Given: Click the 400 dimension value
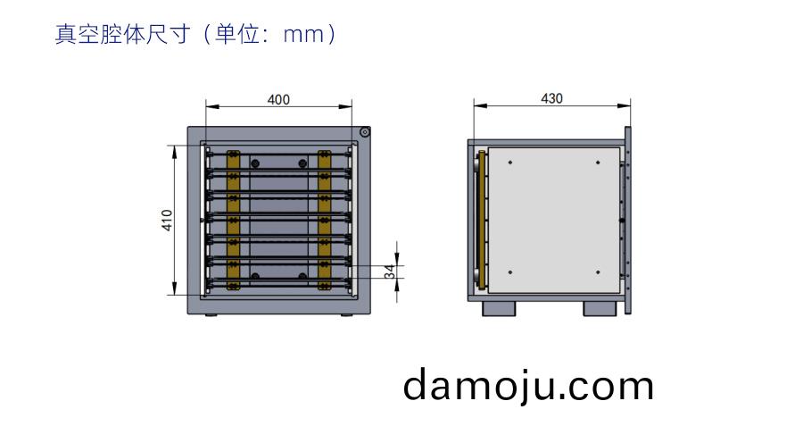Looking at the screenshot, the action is (278, 99).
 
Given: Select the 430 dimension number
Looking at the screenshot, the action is (552, 98).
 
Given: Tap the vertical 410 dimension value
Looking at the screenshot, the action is (168, 221).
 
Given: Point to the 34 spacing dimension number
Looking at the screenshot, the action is (391, 271).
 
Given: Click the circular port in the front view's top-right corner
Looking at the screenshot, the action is (364, 132).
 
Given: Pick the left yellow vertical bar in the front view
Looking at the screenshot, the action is (233, 221).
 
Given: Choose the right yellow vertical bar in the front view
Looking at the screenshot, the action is (324, 221).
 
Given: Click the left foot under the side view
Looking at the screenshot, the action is (500, 309).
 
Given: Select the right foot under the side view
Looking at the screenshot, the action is (600, 309).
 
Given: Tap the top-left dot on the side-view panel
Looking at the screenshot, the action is (510, 163).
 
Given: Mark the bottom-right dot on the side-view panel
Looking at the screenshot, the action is (598, 272).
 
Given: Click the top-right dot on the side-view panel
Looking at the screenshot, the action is (598, 163).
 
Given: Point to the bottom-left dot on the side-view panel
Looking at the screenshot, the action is (510, 272).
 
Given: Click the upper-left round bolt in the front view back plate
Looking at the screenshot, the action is (255, 163).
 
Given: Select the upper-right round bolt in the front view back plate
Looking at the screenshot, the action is (302, 163).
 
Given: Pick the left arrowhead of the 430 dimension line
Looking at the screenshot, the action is (480, 106).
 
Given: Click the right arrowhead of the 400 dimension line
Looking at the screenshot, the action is (345, 106).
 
